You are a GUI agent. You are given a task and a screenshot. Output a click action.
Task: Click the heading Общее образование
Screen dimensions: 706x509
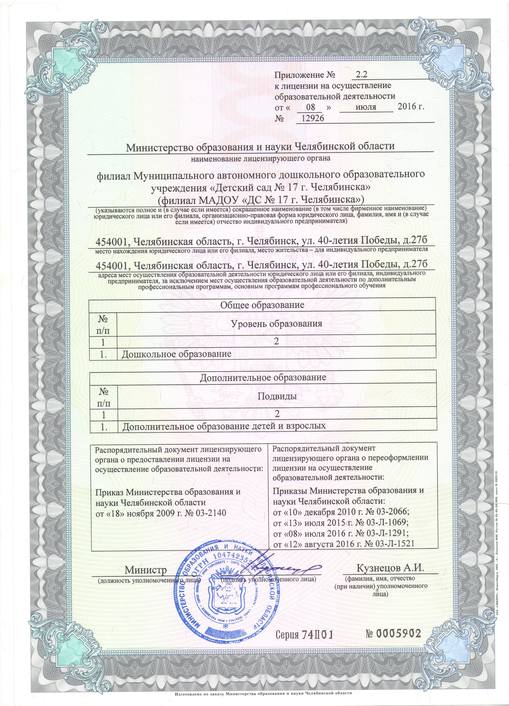[x=262, y=304]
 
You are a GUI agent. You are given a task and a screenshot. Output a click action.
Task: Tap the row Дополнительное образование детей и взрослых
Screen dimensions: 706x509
[x=224, y=426]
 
